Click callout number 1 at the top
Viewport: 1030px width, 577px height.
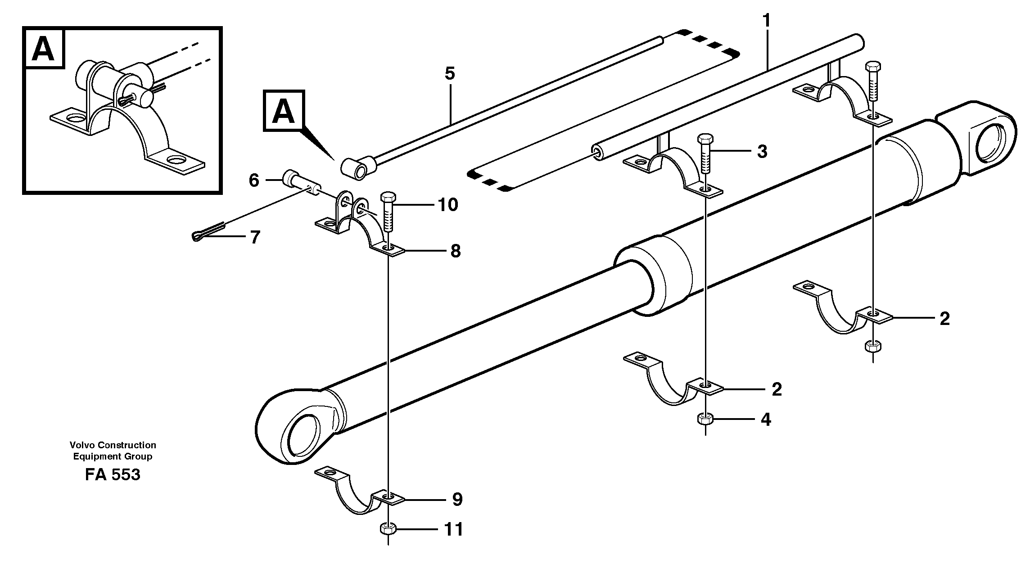click(x=766, y=21)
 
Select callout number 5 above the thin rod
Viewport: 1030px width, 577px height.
click(x=450, y=73)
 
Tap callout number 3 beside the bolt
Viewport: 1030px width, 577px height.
click(x=762, y=152)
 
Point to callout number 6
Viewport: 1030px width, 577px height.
click(x=254, y=180)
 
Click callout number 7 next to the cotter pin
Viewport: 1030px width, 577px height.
click(x=255, y=237)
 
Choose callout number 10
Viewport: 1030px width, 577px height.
click(x=447, y=205)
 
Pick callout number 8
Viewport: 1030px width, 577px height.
click(x=456, y=251)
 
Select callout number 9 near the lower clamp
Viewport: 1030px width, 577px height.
click(x=457, y=499)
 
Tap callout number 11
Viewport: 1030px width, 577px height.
click(x=454, y=529)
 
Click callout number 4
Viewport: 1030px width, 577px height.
click(x=765, y=420)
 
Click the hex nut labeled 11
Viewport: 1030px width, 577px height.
click(x=388, y=528)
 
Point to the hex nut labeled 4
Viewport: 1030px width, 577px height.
click(x=704, y=419)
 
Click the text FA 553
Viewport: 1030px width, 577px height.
click(x=113, y=475)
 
